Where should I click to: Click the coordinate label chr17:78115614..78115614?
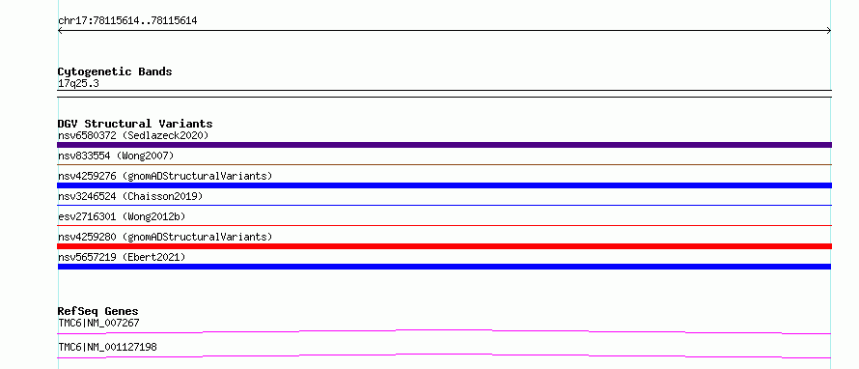pyautogui.click(x=127, y=21)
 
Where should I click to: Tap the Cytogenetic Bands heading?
pyautogui.click(x=115, y=71)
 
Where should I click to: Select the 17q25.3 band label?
pyautogui.click(x=78, y=84)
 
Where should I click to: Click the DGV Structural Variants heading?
pyautogui.click(x=135, y=124)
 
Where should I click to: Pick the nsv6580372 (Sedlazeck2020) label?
pyautogui.click(x=133, y=135)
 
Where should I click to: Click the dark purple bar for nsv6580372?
pyautogui.click(x=444, y=145)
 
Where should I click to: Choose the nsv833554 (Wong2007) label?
pyautogui.click(x=116, y=156)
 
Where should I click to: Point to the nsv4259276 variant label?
pyautogui.click(x=165, y=176)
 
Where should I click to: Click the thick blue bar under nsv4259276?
pyautogui.click(x=444, y=185)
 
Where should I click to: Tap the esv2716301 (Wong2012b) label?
pyautogui.click(x=122, y=216)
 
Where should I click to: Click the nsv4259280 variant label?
pyautogui.click(x=165, y=237)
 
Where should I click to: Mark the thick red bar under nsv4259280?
pyautogui.click(x=444, y=246)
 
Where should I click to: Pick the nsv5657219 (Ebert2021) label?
pyautogui.click(x=122, y=257)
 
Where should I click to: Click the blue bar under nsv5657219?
pyautogui.click(x=444, y=267)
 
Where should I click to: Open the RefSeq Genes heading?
pyautogui.click(x=98, y=311)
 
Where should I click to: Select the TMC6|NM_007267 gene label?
pyautogui.click(x=98, y=323)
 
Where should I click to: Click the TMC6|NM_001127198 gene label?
pyautogui.click(x=107, y=347)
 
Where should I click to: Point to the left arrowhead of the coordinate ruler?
pyautogui.click(x=58, y=31)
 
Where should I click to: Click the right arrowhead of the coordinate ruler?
pyautogui.click(x=830, y=31)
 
